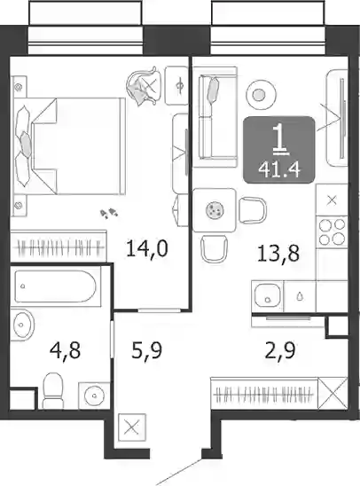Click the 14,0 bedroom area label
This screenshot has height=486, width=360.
147,248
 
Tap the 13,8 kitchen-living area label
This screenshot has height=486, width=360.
278,253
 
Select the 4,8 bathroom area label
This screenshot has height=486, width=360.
66,350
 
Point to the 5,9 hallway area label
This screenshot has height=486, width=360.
147,350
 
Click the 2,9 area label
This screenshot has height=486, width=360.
280,350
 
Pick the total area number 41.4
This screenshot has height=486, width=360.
279,169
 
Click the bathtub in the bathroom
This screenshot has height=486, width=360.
55,286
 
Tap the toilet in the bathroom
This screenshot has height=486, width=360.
52,390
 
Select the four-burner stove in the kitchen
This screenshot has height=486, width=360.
332,231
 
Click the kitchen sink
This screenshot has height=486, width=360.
268,296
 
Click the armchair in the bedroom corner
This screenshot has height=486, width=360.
144,87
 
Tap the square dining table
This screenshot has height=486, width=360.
214,210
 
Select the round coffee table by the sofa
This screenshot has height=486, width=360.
261,95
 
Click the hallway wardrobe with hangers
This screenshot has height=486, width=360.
264,394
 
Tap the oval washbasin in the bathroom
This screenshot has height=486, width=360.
23,325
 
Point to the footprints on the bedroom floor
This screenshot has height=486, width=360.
109,213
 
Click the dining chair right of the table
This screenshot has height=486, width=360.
252,210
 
